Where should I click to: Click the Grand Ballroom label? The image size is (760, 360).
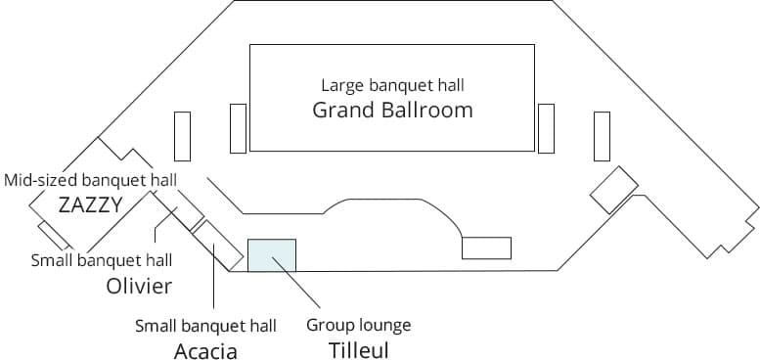pos(392,110)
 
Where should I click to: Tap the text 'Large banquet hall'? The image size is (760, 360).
pos(392,85)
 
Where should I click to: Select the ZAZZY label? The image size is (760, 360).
pos(90,204)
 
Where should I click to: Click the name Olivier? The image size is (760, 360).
pos(139,286)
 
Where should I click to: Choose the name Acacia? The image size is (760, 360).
pos(205,350)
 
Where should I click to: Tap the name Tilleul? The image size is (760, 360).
pos(359,348)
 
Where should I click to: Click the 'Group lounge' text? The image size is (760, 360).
pos(359,325)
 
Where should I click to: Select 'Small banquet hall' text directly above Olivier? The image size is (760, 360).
pos(102,260)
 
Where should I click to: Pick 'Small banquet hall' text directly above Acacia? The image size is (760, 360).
pos(205,325)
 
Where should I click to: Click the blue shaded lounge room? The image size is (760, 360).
pos(271,254)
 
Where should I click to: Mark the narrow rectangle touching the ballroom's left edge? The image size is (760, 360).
pos(238,128)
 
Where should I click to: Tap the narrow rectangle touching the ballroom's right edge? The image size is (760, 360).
pos(546,128)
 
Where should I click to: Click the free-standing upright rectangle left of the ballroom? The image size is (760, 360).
pos(182,136)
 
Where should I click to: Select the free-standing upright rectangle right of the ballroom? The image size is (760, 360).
pos(602,136)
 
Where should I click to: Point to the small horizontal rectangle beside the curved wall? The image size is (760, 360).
pos(486,248)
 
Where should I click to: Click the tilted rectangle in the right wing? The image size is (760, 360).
pos(614,190)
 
